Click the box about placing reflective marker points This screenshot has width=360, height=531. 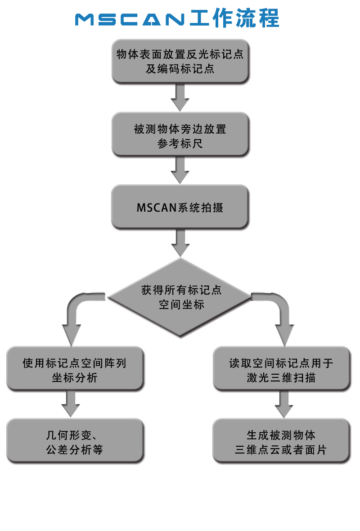[180, 61]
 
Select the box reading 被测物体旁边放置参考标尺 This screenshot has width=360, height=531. [180, 136]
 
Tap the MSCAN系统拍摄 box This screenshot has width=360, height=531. [180, 207]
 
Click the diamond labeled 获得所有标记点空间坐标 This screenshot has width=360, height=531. [180, 297]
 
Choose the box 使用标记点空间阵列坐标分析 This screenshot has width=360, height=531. [75, 370]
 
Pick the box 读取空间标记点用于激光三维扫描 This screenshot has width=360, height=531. [281, 370]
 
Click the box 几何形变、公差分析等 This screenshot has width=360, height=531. [75, 442]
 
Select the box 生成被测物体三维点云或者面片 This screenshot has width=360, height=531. [281, 442]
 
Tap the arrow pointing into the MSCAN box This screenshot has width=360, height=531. [180, 170]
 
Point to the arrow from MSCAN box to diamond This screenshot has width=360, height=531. [180, 244]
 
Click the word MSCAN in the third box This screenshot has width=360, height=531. [153, 208]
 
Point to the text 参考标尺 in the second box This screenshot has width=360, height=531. [180, 143]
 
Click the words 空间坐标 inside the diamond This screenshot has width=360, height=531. [181, 304]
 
